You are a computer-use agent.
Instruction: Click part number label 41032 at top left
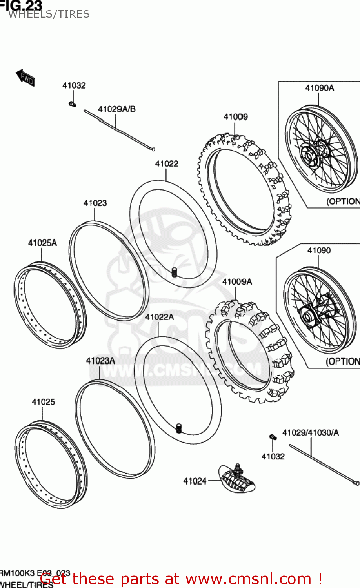pyautogui.click(x=74, y=85)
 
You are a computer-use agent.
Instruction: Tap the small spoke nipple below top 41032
pyautogui.click(x=72, y=104)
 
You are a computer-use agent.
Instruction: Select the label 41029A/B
pyautogui.click(x=117, y=109)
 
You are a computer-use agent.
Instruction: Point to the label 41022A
pyautogui.click(x=159, y=317)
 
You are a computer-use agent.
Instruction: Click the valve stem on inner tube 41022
pyautogui.click(x=174, y=272)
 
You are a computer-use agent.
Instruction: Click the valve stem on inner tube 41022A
pyautogui.click(x=179, y=428)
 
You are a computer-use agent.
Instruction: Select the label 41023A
pyautogui.click(x=100, y=361)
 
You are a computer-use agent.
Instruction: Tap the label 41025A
pyautogui.click(x=42, y=243)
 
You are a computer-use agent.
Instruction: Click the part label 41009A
pyautogui.click(x=237, y=281)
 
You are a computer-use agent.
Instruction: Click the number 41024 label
pyautogui.click(x=195, y=481)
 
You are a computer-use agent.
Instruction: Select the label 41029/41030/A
pyautogui.click(x=311, y=432)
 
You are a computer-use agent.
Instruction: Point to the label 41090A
pyautogui.click(x=320, y=88)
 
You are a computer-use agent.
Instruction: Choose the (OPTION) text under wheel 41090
pyautogui.click(x=342, y=361)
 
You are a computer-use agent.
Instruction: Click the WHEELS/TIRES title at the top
pyautogui.click(x=49, y=14)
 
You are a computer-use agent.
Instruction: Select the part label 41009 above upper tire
pyautogui.click(x=236, y=116)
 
